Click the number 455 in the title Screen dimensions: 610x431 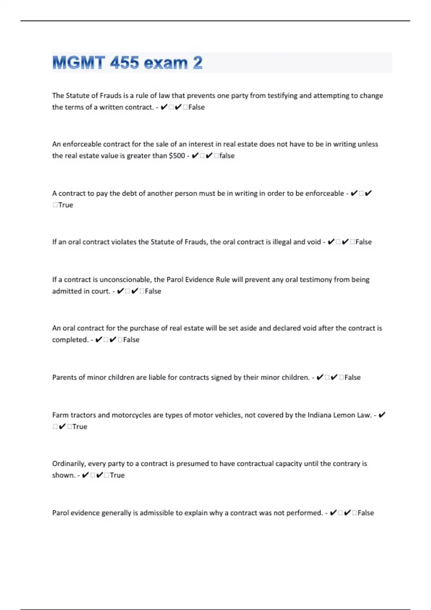coord(124,63)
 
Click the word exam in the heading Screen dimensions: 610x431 coord(166,63)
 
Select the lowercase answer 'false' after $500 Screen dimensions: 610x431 coord(227,156)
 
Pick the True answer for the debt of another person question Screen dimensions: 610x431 coord(66,205)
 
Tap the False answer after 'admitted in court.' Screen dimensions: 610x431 coord(153,291)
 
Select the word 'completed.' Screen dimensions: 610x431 coord(70,339)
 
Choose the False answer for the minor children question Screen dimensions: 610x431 coord(352,377)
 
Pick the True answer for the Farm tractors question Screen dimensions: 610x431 coord(80,427)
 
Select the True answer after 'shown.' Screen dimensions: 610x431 coord(117,475)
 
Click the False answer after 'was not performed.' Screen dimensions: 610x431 coord(366,513)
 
